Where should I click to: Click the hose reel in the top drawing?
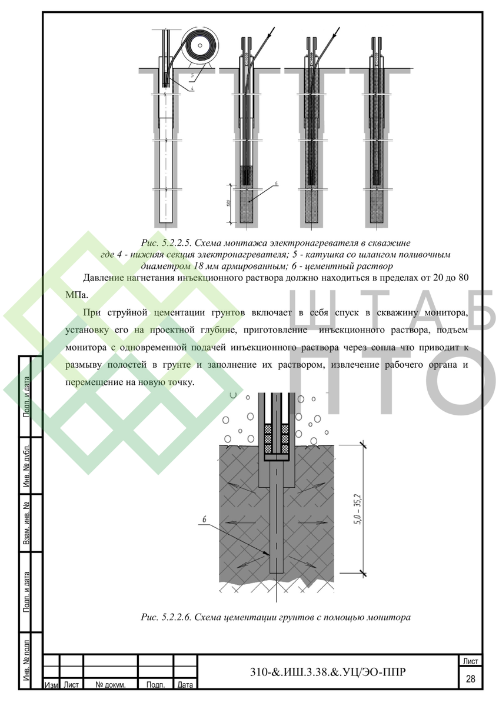(x=200, y=46)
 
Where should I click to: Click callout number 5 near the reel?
(x=192, y=75)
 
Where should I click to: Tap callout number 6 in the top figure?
(x=276, y=183)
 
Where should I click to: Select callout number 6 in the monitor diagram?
(x=205, y=519)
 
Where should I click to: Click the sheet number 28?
(x=470, y=678)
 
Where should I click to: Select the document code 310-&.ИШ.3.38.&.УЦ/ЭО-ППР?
(x=328, y=672)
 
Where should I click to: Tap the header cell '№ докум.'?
(x=111, y=685)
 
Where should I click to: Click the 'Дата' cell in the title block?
(x=185, y=685)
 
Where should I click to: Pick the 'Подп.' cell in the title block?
(x=156, y=685)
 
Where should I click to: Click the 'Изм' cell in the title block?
(x=51, y=685)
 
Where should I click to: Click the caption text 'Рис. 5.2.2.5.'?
(x=166, y=243)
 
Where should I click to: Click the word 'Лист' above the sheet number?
(x=470, y=661)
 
